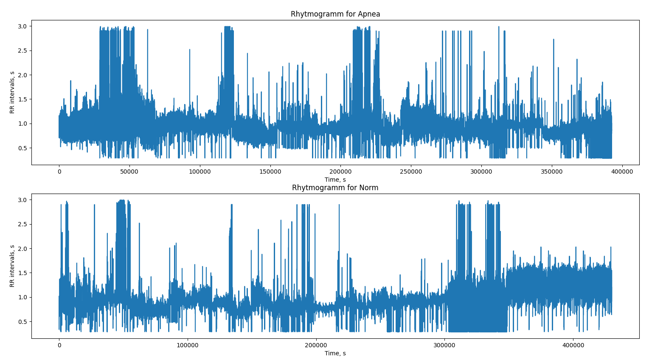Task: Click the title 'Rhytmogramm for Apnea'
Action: click(335, 14)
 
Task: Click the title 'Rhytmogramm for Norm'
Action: click(335, 188)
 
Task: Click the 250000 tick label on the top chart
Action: click(410, 172)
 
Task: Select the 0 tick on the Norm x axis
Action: click(59, 345)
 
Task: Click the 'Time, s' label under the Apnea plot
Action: click(335, 180)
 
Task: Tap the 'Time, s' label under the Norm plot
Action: click(335, 353)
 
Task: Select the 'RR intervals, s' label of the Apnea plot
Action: click(12, 92)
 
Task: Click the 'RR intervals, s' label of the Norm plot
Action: click(12, 266)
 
